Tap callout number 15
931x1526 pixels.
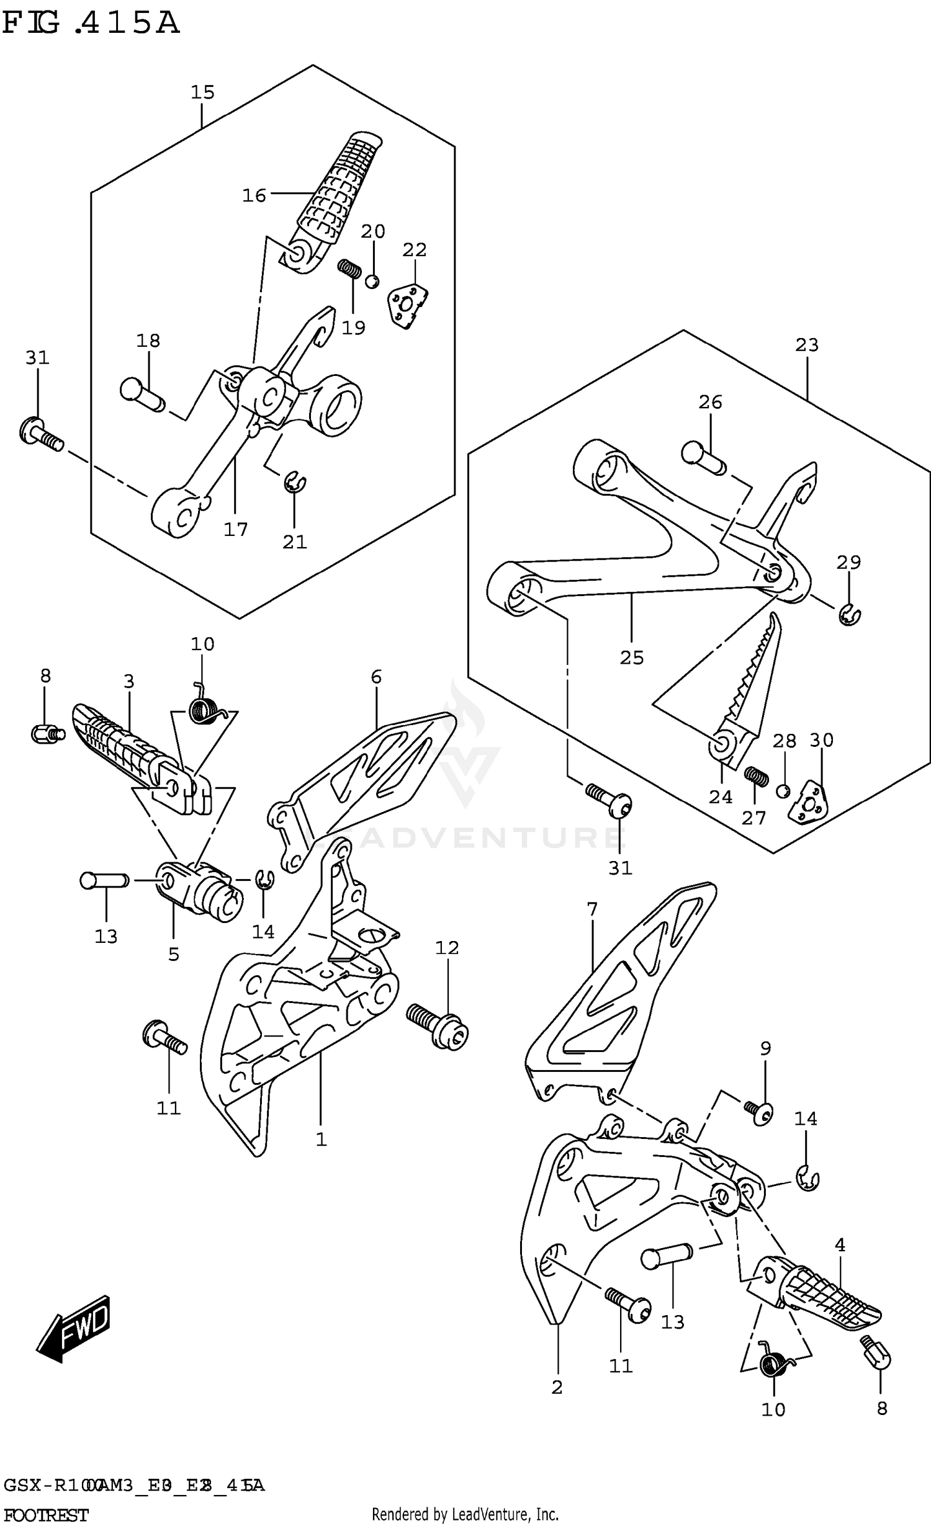202,92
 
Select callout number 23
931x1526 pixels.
806,345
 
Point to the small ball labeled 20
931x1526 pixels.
372,281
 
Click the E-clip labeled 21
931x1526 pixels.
295,483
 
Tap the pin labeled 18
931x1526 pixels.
142,395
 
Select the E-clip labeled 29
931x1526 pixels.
849,615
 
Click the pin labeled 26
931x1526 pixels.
703,457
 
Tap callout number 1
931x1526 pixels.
321,1140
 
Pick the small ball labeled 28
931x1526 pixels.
783,791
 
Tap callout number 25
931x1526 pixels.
632,658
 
